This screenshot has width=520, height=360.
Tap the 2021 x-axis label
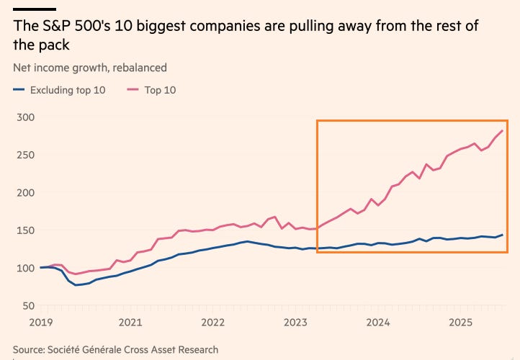[x=130, y=323]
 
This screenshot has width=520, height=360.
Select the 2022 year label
[x=212, y=323]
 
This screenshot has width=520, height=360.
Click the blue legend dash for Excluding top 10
[x=19, y=90]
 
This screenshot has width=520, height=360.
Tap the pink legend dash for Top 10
[x=133, y=90]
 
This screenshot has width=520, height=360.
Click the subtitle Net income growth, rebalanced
[x=90, y=68]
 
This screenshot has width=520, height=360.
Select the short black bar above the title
[x=34, y=10]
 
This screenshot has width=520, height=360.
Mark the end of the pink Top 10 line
[x=502, y=130]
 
